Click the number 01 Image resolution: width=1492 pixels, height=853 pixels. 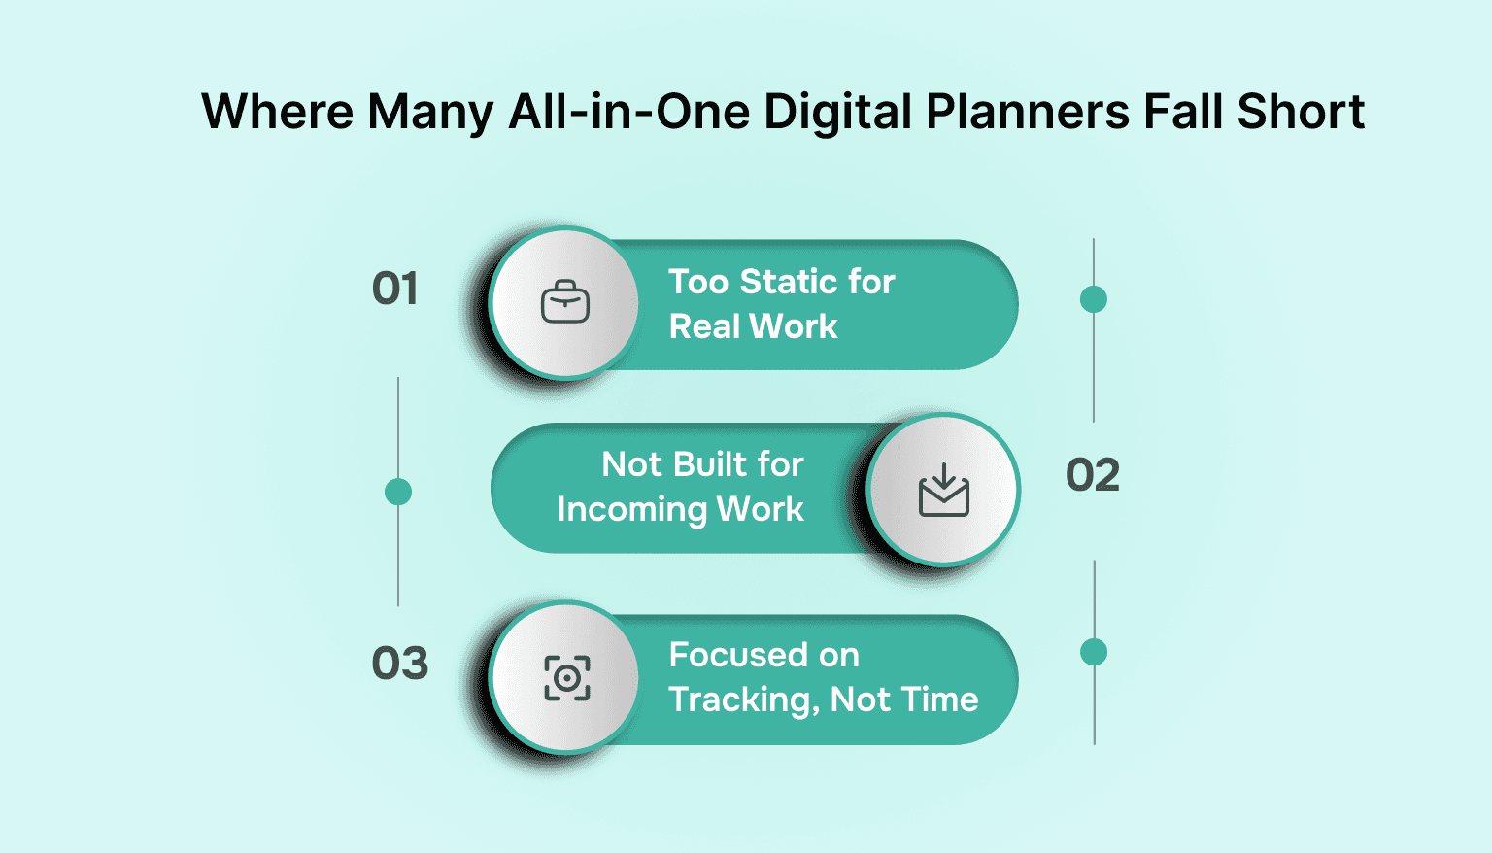click(395, 290)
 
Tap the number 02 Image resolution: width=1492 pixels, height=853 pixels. click(1093, 475)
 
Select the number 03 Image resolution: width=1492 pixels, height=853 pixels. click(399, 664)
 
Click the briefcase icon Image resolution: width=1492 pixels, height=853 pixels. click(565, 303)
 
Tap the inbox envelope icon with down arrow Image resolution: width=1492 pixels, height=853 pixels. click(943, 490)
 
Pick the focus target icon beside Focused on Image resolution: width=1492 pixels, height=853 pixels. click(566, 677)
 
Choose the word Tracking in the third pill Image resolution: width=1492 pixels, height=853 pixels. click(744, 699)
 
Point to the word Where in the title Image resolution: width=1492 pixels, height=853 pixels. click(277, 112)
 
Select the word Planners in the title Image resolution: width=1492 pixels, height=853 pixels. click(1027, 112)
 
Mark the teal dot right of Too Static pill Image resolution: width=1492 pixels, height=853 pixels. click(1094, 299)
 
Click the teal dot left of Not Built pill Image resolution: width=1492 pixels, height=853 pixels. click(398, 493)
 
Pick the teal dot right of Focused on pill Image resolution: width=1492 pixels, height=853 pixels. click(1094, 652)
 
